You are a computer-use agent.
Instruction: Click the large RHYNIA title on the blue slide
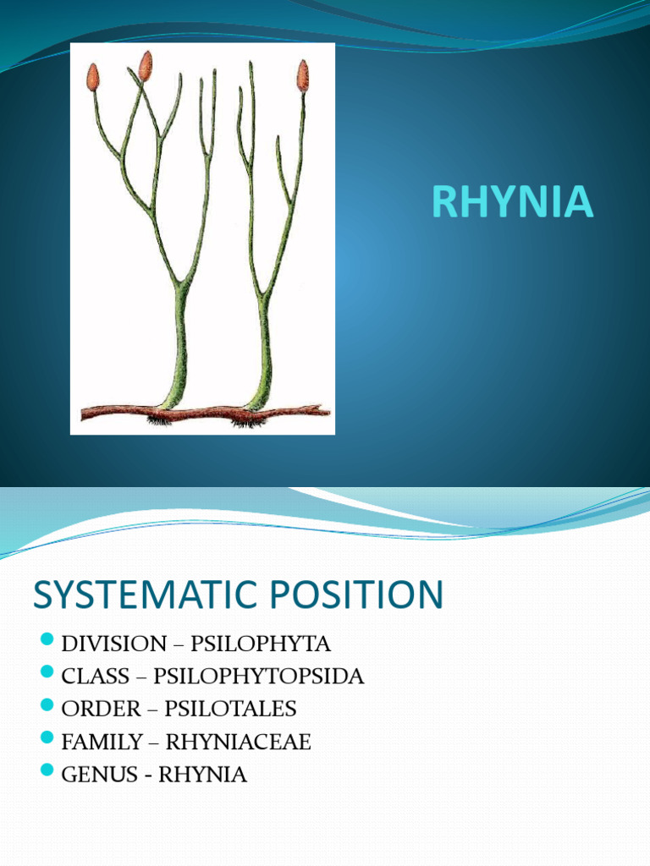[512, 203]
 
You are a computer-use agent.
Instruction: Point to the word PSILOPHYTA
[261, 644]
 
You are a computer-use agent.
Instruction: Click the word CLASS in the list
[95, 677]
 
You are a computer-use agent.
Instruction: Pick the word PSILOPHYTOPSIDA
[259, 677]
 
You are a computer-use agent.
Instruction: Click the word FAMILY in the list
[102, 742]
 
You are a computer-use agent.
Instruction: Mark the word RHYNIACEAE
[239, 742]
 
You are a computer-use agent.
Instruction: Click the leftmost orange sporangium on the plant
[93, 78]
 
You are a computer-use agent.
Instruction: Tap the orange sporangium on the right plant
[302, 76]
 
